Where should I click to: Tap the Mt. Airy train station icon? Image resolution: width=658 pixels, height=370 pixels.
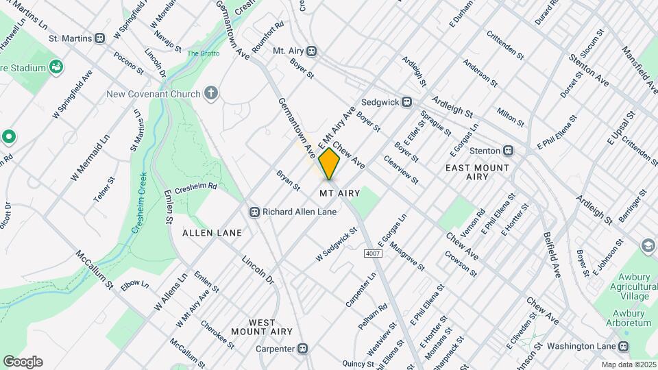(x=312, y=51)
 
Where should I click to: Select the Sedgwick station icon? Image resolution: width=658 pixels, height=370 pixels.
(x=406, y=101)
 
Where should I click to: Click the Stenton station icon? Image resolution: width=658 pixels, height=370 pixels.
(x=508, y=150)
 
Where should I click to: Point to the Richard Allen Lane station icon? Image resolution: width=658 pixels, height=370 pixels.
(x=254, y=212)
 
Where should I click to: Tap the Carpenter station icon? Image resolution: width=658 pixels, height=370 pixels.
(x=302, y=348)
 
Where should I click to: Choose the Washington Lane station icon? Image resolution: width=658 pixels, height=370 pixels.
(x=624, y=347)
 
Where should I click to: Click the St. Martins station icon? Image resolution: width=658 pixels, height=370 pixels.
(x=100, y=38)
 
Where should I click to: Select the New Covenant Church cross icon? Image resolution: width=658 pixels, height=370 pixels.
(x=211, y=93)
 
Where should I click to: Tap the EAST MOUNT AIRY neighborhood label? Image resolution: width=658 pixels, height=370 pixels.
(x=478, y=172)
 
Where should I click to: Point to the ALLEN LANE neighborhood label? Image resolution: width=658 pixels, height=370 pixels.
(x=212, y=233)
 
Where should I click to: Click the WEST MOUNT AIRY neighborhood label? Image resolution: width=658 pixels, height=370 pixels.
(x=253, y=327)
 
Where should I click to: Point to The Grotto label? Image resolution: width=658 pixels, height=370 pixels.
(x=202, y=53)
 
